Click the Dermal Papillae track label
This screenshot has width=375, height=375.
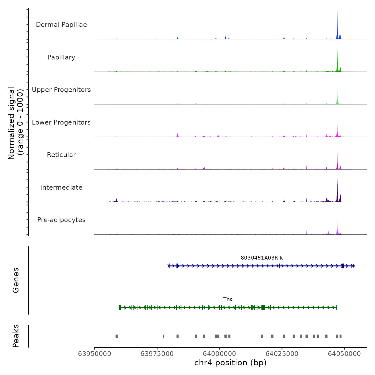tap(61, 25)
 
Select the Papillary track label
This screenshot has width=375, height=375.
tap(61, 57)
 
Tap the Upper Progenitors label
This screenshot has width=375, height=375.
tap(61, 90)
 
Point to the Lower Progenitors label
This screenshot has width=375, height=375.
tap(61, 122)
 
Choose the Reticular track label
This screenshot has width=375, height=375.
tap(61, 155)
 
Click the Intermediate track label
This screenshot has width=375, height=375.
tap(61, 187)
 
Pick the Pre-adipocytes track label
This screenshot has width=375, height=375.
tap(61, 220)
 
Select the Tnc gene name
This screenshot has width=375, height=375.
tap(228, 299)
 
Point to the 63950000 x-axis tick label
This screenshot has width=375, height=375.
tap(95, 354)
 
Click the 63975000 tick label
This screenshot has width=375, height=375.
tap(157, 354)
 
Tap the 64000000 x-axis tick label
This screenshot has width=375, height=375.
tap(220, 354)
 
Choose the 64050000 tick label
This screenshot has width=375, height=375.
tap(344, 354)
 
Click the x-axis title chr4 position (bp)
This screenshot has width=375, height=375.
tap(230, 363)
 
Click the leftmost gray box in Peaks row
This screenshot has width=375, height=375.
tap(117, 336)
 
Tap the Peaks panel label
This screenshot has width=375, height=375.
tap(16, 336)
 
